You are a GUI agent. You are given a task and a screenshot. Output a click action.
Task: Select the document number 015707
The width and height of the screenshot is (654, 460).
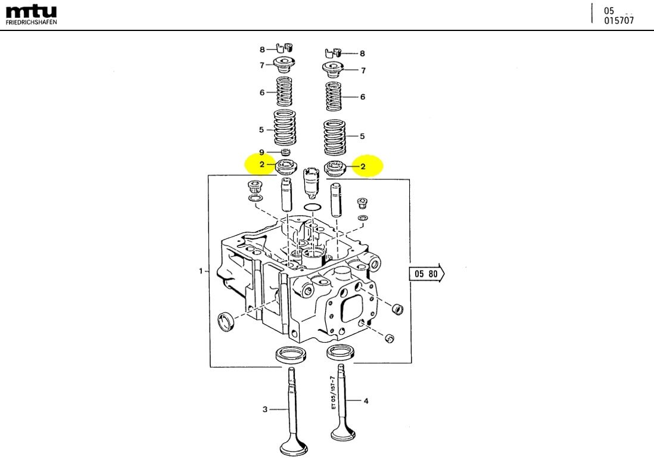618,21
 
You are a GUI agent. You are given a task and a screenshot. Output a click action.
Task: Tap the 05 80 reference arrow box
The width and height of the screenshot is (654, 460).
426,273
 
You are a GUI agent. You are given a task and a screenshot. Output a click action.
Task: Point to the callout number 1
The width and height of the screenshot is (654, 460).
201,272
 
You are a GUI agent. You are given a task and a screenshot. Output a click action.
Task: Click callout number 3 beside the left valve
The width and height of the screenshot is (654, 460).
266,409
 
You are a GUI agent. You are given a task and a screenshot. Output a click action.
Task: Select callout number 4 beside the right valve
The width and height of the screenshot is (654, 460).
366,401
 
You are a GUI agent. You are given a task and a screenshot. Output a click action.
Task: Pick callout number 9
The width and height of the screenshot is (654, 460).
261,153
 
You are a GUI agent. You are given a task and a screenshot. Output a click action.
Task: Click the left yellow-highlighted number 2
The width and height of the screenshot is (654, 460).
261,164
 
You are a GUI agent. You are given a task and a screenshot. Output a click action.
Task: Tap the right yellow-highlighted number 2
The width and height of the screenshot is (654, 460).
363,167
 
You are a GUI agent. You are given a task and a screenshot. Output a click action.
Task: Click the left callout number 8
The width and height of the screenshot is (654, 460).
261,50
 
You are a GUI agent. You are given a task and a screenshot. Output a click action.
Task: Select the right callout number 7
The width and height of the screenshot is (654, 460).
363,71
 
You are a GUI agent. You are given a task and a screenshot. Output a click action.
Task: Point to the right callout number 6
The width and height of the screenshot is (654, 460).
363,97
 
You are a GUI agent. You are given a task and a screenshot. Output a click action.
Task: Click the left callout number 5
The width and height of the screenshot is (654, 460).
261,129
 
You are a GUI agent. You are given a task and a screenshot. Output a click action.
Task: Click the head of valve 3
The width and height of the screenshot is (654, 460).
292,447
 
